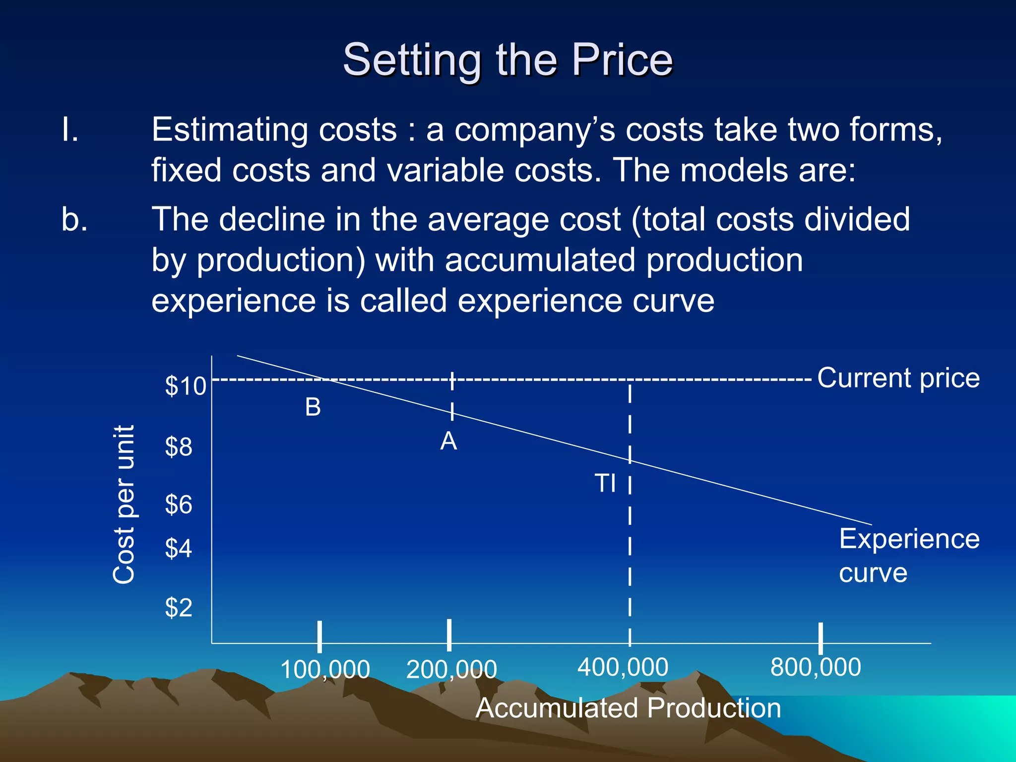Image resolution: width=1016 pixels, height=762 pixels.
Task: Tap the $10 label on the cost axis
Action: pyautogui.click(x=185, y=386)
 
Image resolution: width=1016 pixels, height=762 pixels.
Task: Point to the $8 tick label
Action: pyautogui.click(x=179, y=447)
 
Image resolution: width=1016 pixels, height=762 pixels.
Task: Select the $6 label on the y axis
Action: pyautogui.click(x=179, y=505)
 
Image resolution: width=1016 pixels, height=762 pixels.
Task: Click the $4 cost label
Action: pyautogui.click(x=179, y=549)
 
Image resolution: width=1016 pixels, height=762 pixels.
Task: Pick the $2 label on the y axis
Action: pyautogui.click(x=179, y=607)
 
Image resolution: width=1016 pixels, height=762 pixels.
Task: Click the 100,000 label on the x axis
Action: pyautogui.click(x=325, y=669)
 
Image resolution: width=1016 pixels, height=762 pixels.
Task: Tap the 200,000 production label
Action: pyautogui.click(x=451, y=669)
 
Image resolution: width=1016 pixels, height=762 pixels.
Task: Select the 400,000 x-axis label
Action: pyautogui.click(x=623, y=667)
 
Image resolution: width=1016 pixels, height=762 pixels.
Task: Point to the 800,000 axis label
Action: pyautogui.click(x=816, y=667)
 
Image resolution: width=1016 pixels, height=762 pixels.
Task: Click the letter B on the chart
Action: pyautogui.click(x=313, y=407)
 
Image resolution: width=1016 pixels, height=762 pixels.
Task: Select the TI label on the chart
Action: pyautogui.click(x=605, y=483)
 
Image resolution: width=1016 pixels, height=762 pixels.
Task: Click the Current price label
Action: pyautogui.click(x=898, y=378)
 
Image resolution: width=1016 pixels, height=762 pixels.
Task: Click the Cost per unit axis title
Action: pyautogui.click(x=124, y=505)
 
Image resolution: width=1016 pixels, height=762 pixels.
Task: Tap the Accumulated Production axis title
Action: pyautogui.click(x=628, y=708)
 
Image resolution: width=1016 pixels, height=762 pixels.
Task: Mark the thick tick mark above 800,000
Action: pyautogui.click(x=821, y=638)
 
